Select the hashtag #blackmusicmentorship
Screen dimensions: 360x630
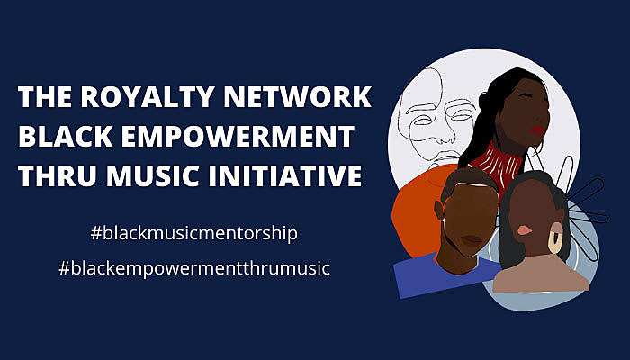click(194, 233)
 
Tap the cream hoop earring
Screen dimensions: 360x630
click(555, 242)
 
